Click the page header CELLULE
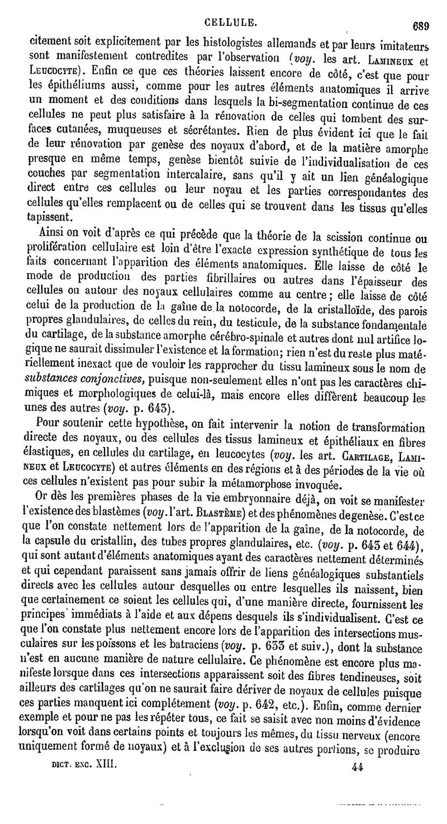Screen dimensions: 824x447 [x=231, y=23]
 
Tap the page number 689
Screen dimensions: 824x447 [x=420, y=25]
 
